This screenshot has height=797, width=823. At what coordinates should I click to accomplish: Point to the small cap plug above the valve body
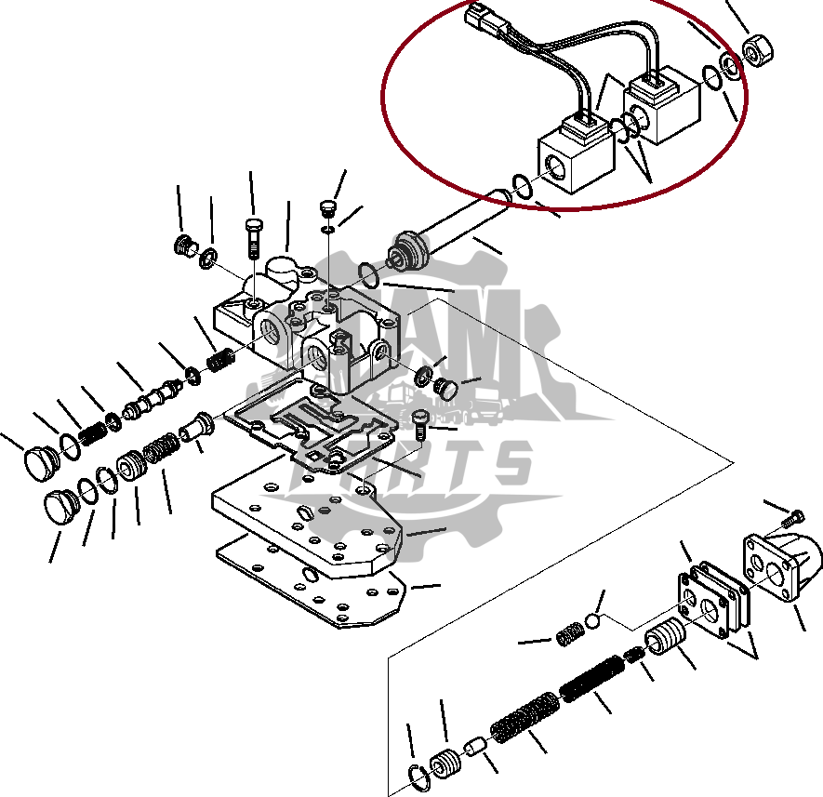tap(326, 207)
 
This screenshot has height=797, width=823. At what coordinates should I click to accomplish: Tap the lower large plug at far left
tap(61, 508)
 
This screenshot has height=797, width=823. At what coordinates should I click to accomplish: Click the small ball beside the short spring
tap(592, 621)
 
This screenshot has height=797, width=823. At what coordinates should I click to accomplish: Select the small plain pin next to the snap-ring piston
tap(475, 747)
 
